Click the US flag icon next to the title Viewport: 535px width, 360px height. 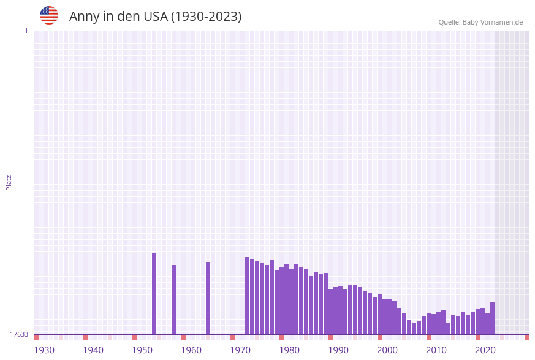tap(49, 15)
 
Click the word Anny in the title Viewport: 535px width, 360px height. tap(83, 17)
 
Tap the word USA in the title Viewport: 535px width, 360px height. tap(155, 17)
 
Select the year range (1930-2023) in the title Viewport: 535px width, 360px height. tap(206, 17)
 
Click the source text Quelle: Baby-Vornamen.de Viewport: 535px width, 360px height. tap(480, 22)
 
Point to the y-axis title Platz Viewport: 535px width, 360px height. tap(9, 182)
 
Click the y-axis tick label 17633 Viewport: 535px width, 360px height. tap(19, 334)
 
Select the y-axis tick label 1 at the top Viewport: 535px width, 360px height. tap(26, 31)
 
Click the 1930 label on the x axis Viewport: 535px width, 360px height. tap(44, 350)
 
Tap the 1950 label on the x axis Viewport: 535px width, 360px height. tap(142, 350)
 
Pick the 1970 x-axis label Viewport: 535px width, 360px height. tap(240, 350)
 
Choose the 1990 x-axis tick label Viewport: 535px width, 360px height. tap(338, 350)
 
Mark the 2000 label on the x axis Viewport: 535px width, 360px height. tap(387, 350)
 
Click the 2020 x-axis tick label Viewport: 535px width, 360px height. tap(485, 350)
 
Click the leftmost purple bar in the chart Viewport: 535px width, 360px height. tap(154, 293)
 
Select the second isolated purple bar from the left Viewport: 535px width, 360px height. tap(174, 299)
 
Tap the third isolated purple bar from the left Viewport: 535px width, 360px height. tap(208, 298)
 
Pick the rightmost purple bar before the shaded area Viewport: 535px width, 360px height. tap(492, 318)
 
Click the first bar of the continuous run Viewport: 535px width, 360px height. tap(248, 296)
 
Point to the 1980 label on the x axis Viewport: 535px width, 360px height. tap(289, 350)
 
